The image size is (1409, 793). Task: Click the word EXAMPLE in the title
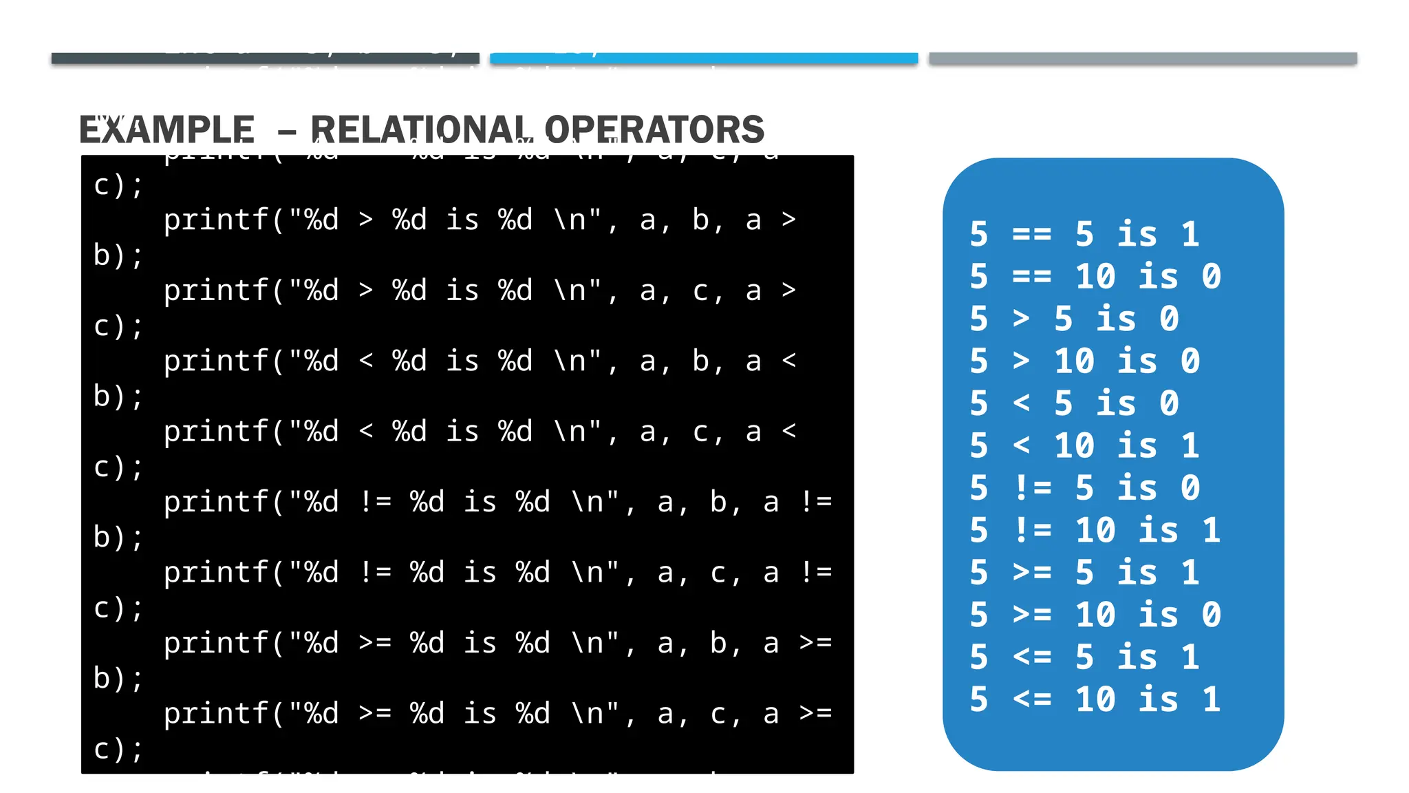(x=166, y=129)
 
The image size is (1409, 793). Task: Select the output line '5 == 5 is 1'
(x=1084, y=235)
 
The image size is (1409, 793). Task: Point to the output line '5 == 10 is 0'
(x=1095, y=277)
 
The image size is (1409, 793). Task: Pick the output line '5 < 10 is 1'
(x=1084, y=446)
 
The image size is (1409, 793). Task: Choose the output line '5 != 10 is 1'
(x=1095, y=531)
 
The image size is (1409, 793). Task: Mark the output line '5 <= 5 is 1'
(x=1084, y=657)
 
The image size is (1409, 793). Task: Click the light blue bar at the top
(x=704, y=59)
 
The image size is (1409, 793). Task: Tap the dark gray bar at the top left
(x=265, y=59)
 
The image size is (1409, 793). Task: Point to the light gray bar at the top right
(x=1143, y=59)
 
